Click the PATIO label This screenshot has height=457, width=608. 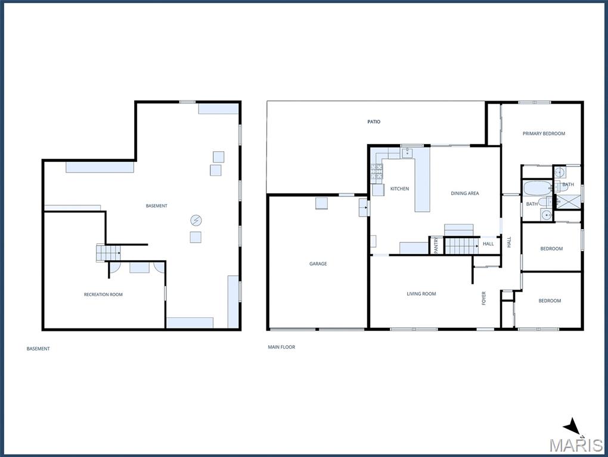pos(374,121)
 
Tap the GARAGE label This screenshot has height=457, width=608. pos(318,264)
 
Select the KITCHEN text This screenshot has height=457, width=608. pos(399,189)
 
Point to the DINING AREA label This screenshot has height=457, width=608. pos(464,193)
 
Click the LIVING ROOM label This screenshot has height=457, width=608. pos(421,294)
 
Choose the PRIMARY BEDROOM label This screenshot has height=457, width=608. pos(544,133)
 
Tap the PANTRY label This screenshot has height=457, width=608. pos(436,245)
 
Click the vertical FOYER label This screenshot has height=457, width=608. pos(483,298)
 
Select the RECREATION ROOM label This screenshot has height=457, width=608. pos(103,295)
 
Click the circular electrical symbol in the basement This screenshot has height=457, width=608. pos(196,221)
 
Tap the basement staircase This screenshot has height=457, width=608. pos(108,253)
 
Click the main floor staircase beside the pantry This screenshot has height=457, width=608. pos(461,246)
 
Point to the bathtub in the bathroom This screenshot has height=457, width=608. pos(538,189)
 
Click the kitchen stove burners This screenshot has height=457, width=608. pos(377,173)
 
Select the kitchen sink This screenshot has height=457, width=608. pos(408,153)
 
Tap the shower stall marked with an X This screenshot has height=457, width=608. pos(569,202)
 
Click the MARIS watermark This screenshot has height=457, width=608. pos(575,445)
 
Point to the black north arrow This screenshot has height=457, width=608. pos(572,426)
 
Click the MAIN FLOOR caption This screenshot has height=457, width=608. pos(281,347)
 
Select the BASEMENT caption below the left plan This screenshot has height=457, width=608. pos(38,349)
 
